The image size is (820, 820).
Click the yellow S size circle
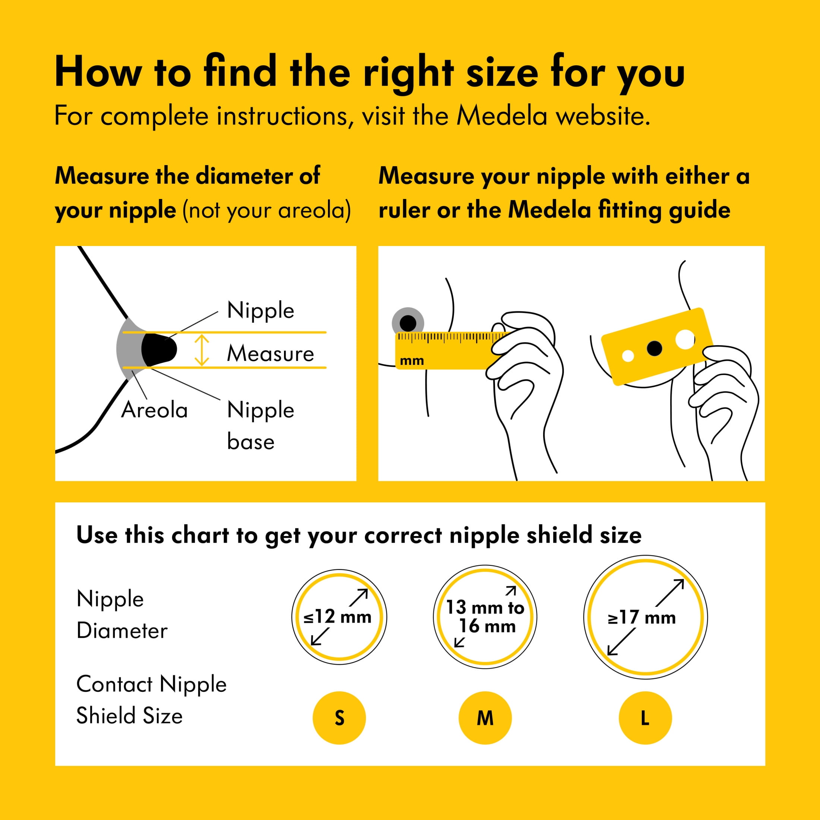[339, 718]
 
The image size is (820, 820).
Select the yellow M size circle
[485, 718]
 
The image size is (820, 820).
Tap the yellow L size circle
[645, 718]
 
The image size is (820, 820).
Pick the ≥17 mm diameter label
[642, 618]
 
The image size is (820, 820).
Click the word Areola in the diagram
[154, 410]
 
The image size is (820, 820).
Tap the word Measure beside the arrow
[270, 353]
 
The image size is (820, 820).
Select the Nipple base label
[261, 426]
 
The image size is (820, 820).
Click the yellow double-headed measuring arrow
[202, 350]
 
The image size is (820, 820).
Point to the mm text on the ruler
[412, 361]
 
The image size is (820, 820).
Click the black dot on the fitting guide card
[654, 348]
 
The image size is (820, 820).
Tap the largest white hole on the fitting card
[685, 340]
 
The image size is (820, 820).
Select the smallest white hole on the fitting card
[628, 356]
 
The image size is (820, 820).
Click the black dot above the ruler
[408, 324]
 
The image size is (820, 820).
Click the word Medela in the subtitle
[502, 116]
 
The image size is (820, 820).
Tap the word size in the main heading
[502, 72]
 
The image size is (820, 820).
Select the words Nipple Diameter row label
[122, 615]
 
